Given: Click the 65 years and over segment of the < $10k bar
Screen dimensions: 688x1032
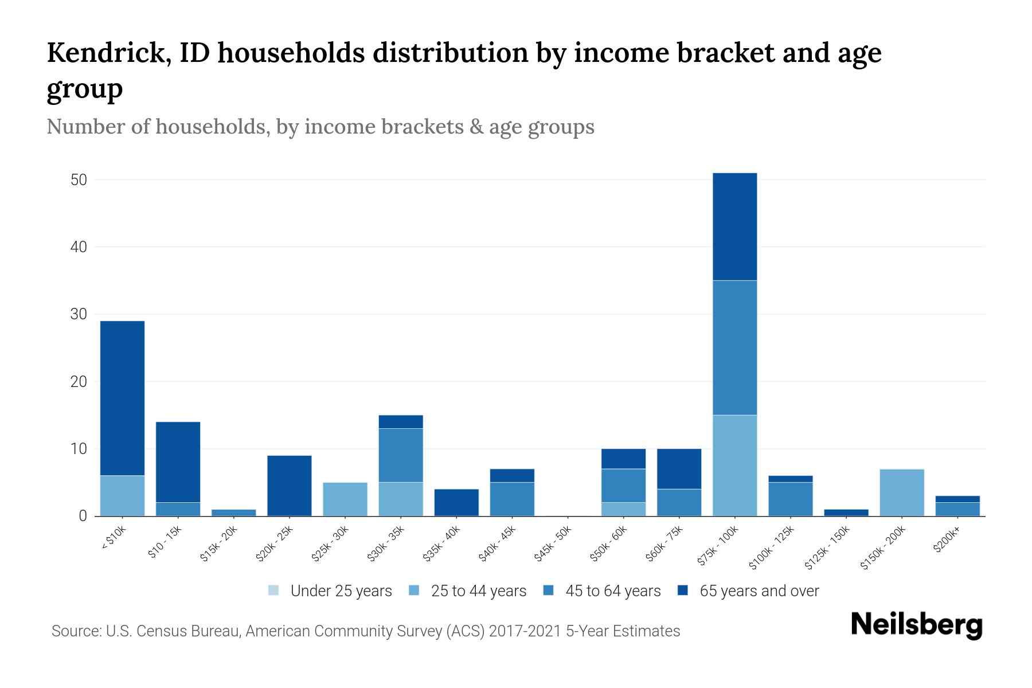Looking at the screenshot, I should pyautogui.click(x=122, y=398).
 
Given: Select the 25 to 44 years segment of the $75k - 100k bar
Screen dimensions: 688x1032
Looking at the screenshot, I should pyautogui.click(x=734, y=465).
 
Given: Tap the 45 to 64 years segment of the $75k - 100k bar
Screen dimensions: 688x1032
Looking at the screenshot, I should pyautogui.click(x=734, y=347).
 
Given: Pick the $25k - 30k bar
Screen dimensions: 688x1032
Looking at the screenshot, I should pyautogui.click(x=345, y=499).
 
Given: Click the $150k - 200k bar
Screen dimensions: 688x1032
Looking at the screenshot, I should pyautogui.click(x=901, y=492).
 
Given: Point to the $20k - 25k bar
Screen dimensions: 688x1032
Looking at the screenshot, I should pyautogui.click(x=290, y=486).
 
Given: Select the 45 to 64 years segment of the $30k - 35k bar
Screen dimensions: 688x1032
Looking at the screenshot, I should pyautogui.click(x=401, y=455).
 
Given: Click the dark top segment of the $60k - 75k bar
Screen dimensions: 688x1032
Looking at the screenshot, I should pyautogui.click(x=679, y=468).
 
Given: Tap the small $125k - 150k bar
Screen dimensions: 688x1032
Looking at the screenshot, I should pyautogui.click(x=846, y=513).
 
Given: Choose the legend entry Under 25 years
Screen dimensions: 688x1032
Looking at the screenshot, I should pyautogui.click(x=341, y=591).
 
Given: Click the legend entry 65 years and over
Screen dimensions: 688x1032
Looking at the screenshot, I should pyautogui.click(x=759, y=591).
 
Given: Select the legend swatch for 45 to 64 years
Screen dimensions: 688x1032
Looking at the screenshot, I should pyautogui.click(x=549, y=591).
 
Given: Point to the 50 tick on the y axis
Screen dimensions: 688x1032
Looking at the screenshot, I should pyautogui.click(x=79, y=180).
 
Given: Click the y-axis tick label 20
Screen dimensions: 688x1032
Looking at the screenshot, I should pyautogui.click(x=79, y=382).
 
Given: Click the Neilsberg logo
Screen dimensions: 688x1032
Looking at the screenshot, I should pyautogui.click(x=916, y=625).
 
